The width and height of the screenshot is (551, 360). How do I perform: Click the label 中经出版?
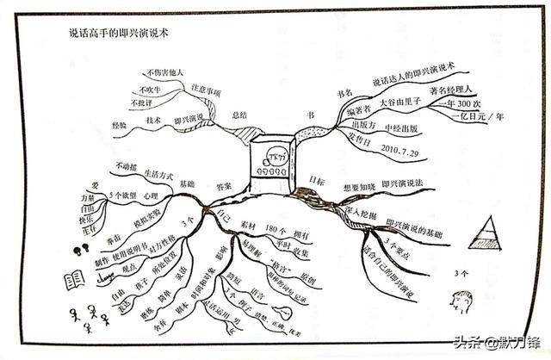pos(399,129)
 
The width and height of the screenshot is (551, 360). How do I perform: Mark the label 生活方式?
pos(159,171)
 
